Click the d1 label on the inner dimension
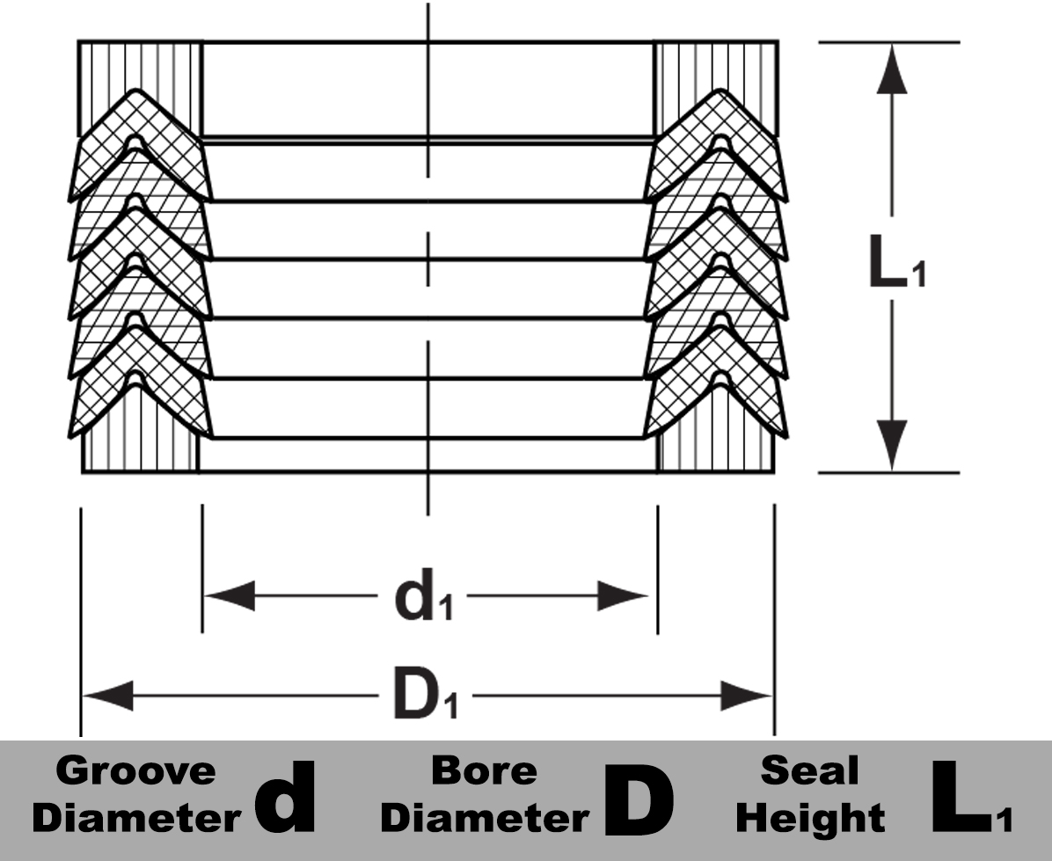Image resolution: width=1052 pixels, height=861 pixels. pyautogui.click(x=422, y=598)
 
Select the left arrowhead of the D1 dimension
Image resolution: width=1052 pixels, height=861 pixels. pyautogui.click(x=107, y=697)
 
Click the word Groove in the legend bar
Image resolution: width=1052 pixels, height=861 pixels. pyautogui.click(x=135, y=771)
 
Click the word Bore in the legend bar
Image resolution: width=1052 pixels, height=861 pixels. pyautogui.click(x=483, y=771)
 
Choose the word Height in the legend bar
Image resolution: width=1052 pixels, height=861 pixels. pyautogui.click(x=810, y=819)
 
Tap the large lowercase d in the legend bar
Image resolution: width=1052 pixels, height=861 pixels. pyautogui.click(x=284, y=799)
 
